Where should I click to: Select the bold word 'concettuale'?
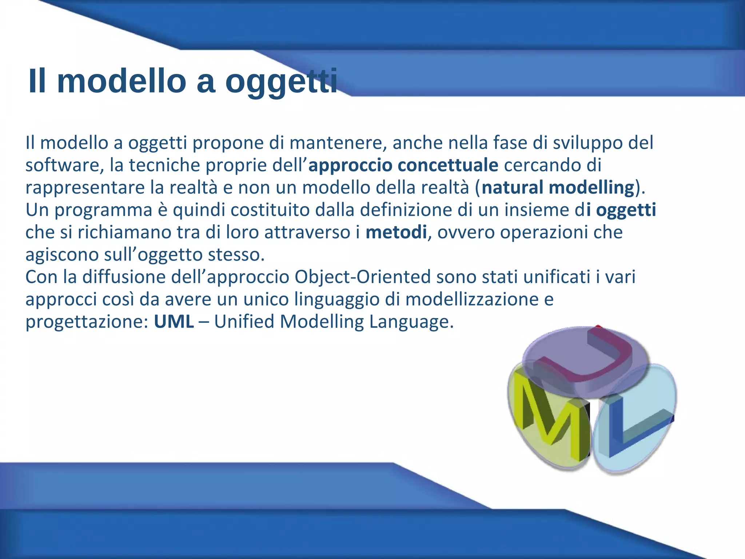(x=448, y=165)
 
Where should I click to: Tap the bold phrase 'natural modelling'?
(x=558, y=188)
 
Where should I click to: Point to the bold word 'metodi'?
(x=396, y=233)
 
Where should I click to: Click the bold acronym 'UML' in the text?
(x=174, y=322)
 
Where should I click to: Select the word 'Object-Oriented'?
(x=363, y=277)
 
